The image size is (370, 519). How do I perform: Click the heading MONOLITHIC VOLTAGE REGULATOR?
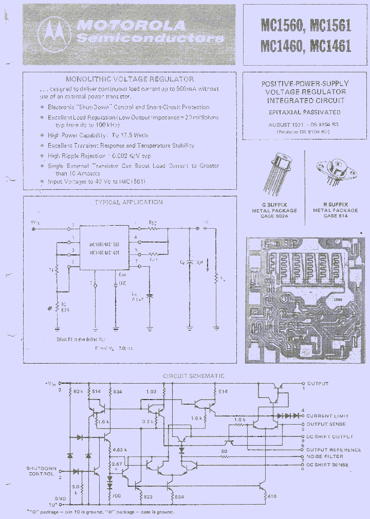point(129,79)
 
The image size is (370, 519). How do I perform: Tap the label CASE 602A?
point(274,216)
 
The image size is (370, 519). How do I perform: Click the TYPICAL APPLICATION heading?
point(128,202)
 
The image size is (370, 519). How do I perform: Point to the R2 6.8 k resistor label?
point(62,307)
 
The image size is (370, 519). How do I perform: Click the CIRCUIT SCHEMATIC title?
point(193,376)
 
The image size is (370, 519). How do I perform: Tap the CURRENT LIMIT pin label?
point(327,416)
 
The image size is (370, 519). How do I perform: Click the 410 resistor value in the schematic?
point(271,496)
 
